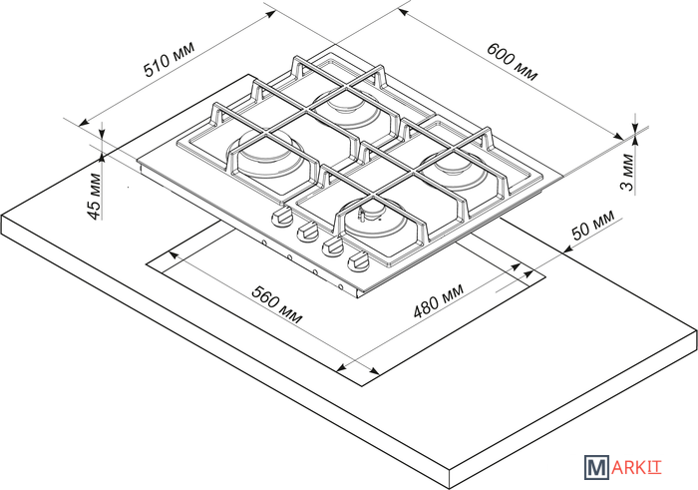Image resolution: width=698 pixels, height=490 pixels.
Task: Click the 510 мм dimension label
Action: tap(170, 60)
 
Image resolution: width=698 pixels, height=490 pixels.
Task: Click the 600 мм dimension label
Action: tap(512, 62)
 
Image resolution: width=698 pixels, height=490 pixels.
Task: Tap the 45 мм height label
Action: tap(94, 196)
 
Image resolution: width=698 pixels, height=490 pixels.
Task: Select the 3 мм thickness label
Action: tap(627, 172)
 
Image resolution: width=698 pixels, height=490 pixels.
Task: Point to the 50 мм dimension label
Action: tap(593, 225)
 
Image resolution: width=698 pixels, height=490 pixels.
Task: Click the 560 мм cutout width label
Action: tap(277, 304)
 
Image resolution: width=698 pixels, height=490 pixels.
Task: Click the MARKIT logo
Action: tap(623, 467)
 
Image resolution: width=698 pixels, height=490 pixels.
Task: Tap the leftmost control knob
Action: tap(282, 218)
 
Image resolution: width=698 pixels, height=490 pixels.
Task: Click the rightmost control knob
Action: tap(358, 261)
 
